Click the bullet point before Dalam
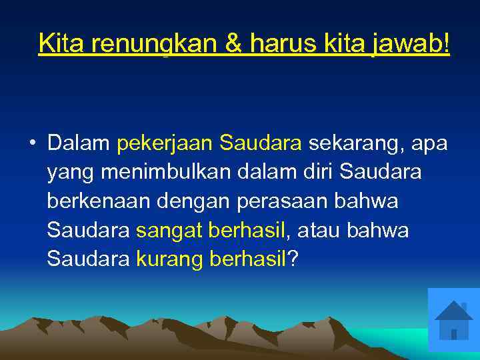coord(32,143)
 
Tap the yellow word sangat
coord(169,231)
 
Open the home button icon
coord(453,319)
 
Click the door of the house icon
coord(453,333)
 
